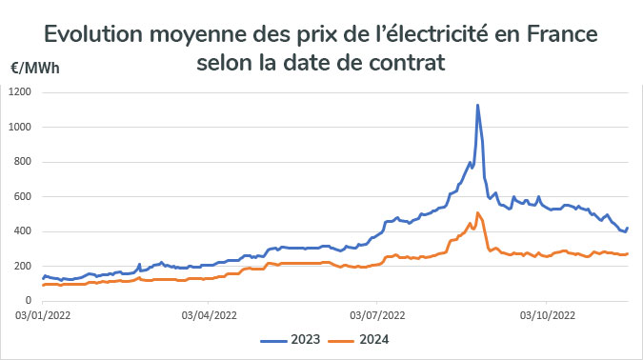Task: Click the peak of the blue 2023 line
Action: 477,105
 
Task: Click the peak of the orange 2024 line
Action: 477,212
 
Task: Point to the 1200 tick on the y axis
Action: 21,92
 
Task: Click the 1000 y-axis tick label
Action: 21,127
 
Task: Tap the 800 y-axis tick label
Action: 24,162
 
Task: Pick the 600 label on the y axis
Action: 24,197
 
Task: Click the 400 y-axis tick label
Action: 24,231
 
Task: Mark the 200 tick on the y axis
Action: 24,267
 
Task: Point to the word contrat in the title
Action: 410,64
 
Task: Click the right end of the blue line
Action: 628,228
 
